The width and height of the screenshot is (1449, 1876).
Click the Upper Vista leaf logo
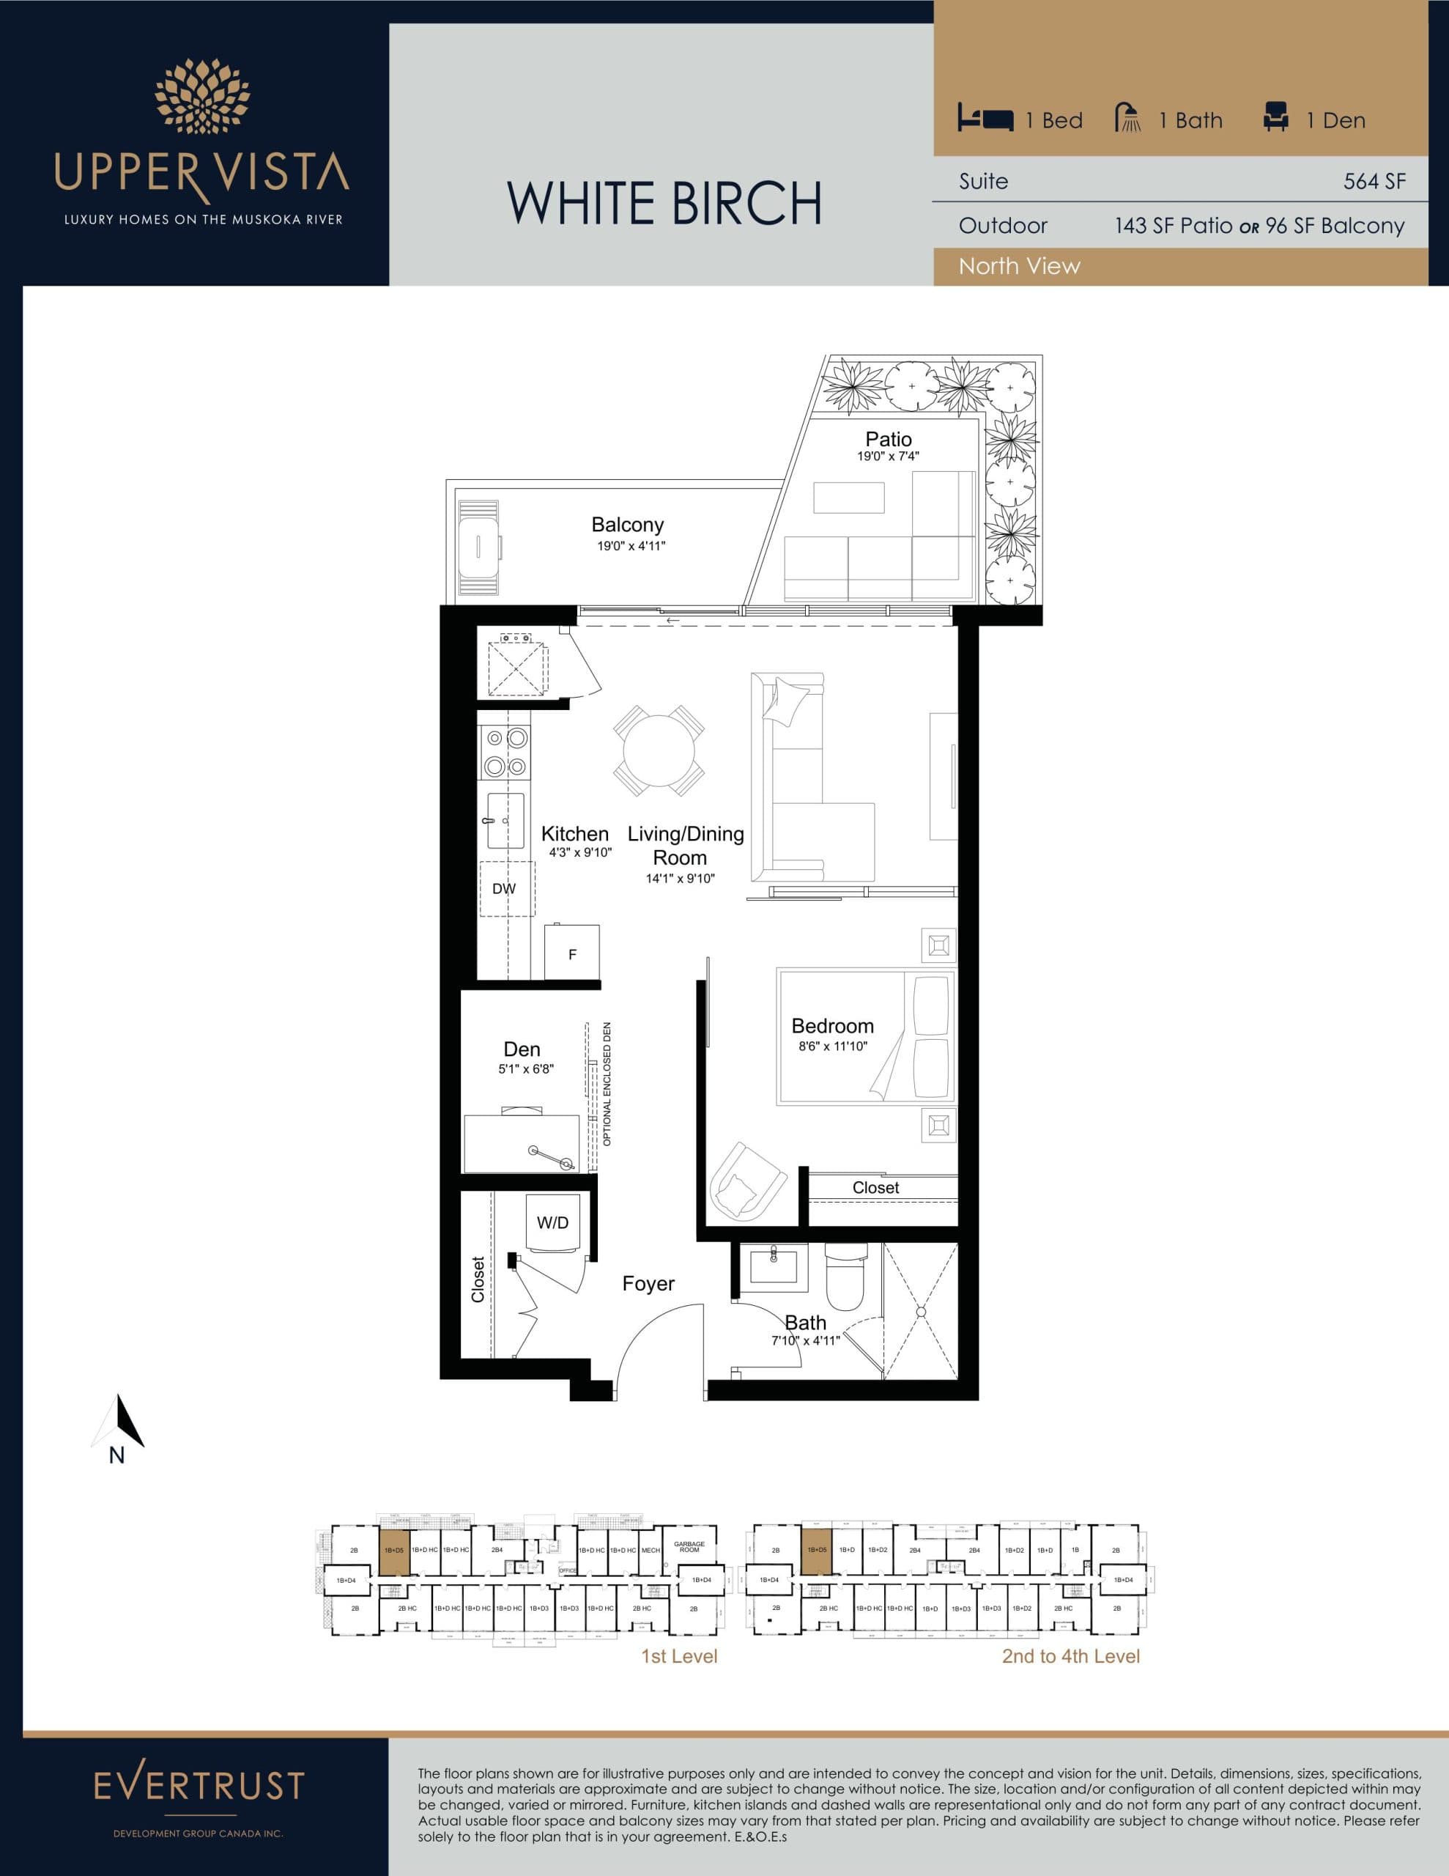point(202,97)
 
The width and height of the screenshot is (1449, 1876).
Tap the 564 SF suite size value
point(1374,181)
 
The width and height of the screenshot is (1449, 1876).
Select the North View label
point(1019,266)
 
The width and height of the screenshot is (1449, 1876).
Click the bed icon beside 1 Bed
point(985,119)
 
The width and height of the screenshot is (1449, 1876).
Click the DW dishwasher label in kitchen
point(504,889)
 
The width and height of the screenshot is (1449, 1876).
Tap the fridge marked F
point(572,954)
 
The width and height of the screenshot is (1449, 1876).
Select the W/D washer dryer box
point(552,1223)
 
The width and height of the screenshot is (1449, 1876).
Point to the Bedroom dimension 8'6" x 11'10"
point(832,1046)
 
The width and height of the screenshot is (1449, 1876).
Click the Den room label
point(522,1049)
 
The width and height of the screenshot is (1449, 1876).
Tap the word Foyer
point(648,1283)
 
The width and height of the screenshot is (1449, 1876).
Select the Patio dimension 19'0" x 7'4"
point(888,456)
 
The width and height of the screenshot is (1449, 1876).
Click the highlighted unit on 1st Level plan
point(394,1550)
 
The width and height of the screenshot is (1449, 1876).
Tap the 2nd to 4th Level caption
point(1070,1656)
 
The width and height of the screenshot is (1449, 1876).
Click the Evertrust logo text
point(199,1785)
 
